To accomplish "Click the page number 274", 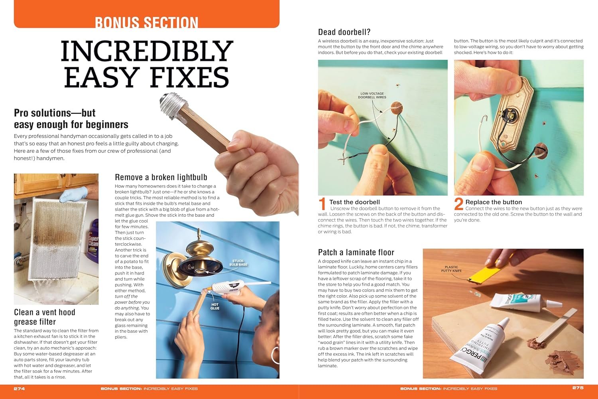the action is pos(19,389).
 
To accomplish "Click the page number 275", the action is pos(578,388).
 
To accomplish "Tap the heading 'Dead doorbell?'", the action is pos(344,32).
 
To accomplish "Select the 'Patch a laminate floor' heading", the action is pos(356,252).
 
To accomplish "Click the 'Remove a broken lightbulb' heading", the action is pos(161,177).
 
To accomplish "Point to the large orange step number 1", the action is pos(322,204).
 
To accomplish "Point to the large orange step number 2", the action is pos(458,204).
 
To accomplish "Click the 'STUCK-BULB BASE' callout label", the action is pos(238,263).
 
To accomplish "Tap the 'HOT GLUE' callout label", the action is pos(214,306).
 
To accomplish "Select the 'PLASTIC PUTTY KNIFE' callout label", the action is pos(451,269).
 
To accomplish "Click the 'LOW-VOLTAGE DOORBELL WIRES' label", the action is pos(372,95).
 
